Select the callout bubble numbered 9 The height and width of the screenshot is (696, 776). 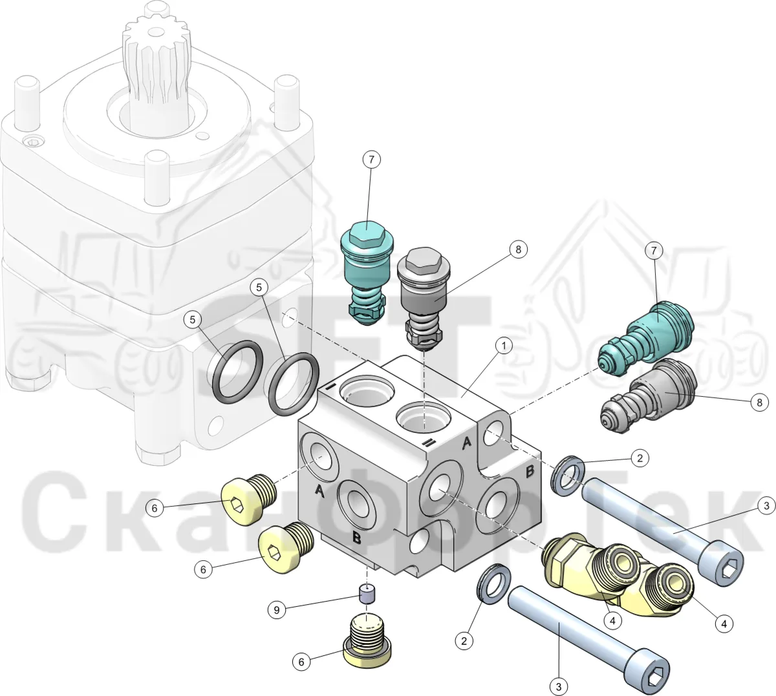[x=277, y=610]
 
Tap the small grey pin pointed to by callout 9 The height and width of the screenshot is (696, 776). [x=367, y=594]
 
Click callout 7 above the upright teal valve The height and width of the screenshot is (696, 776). [x=371, y=160]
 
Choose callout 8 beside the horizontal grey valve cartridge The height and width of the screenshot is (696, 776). [x=759, y=403]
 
